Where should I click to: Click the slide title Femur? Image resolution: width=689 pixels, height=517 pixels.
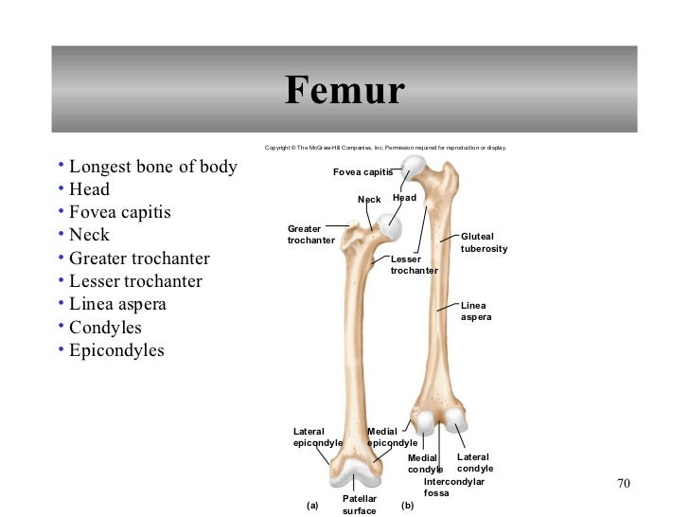[x=344, y=92]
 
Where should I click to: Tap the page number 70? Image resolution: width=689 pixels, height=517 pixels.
[x=622, y=484]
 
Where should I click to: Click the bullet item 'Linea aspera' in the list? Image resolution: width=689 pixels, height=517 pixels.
[x=117, y=305]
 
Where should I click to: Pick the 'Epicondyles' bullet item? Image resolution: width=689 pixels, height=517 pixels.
[x=116, y=350]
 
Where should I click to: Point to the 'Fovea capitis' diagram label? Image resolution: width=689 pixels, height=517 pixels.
[x=362, y=171]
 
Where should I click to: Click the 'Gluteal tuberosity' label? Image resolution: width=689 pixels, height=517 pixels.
[x=484, y=242]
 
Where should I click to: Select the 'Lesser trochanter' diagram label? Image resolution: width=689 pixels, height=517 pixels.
[x=414, y=264]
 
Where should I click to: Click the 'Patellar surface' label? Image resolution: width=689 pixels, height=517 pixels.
[x=359, y=505]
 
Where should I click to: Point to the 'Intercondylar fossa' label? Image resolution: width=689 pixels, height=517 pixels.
[x=453, y=488]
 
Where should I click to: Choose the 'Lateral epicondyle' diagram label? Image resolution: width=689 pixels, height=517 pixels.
[x=317, y=437]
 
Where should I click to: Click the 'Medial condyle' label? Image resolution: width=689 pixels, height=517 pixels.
[x=424, y=464]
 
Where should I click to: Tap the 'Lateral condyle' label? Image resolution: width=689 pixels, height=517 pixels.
[x=474, y=463]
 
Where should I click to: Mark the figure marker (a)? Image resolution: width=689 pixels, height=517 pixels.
[x=313, y=506]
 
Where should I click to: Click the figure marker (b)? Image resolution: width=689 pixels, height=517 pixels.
[x=408, y=506]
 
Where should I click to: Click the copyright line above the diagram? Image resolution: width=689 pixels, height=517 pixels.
[x=385, y=148]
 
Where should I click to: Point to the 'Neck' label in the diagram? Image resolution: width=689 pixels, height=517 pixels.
[x=369, y=200]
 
